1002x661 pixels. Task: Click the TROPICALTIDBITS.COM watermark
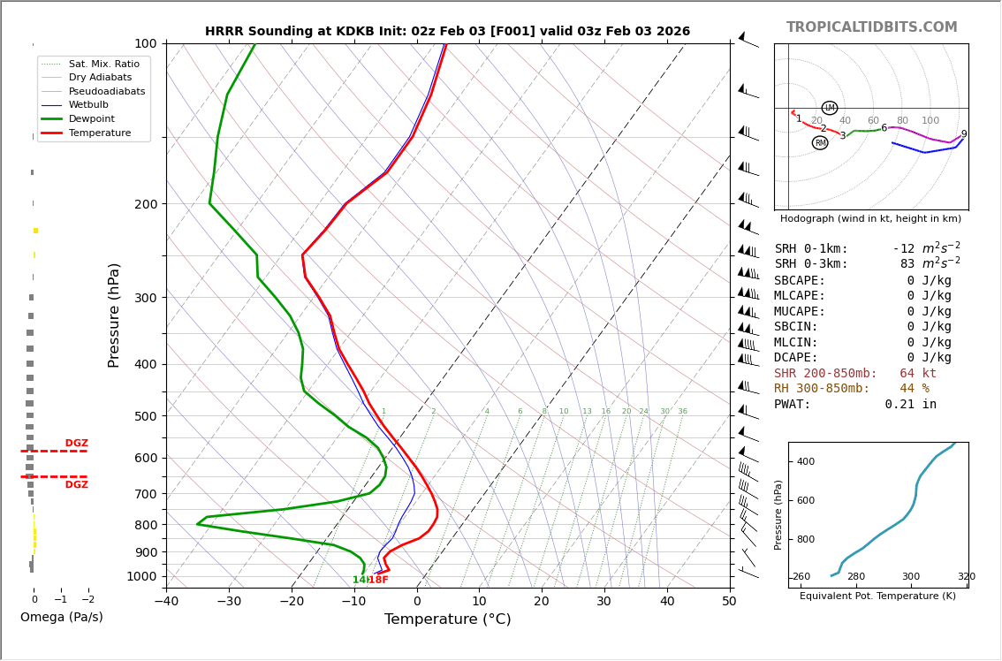(871, 27)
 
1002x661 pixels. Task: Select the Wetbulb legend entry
(88, 105)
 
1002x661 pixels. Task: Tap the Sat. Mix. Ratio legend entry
(103, 64)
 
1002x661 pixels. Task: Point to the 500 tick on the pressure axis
(146, 416)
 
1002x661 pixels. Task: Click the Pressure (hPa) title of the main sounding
(115, 315)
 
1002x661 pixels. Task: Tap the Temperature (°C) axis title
(447, 619)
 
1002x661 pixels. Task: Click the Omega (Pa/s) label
(61, 617)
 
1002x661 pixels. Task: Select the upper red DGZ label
(76, 444)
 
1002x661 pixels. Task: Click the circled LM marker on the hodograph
(830, 108)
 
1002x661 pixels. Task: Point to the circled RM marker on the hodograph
(820, 143)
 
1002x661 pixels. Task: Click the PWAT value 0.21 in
(910, 405)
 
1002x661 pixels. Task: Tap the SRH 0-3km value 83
(907, 264)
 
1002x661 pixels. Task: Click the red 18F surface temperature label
(378, 580)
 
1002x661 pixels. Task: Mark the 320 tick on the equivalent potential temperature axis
(966, 577)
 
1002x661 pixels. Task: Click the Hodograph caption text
(870, 218)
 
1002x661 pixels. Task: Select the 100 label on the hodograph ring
(930, 121)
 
